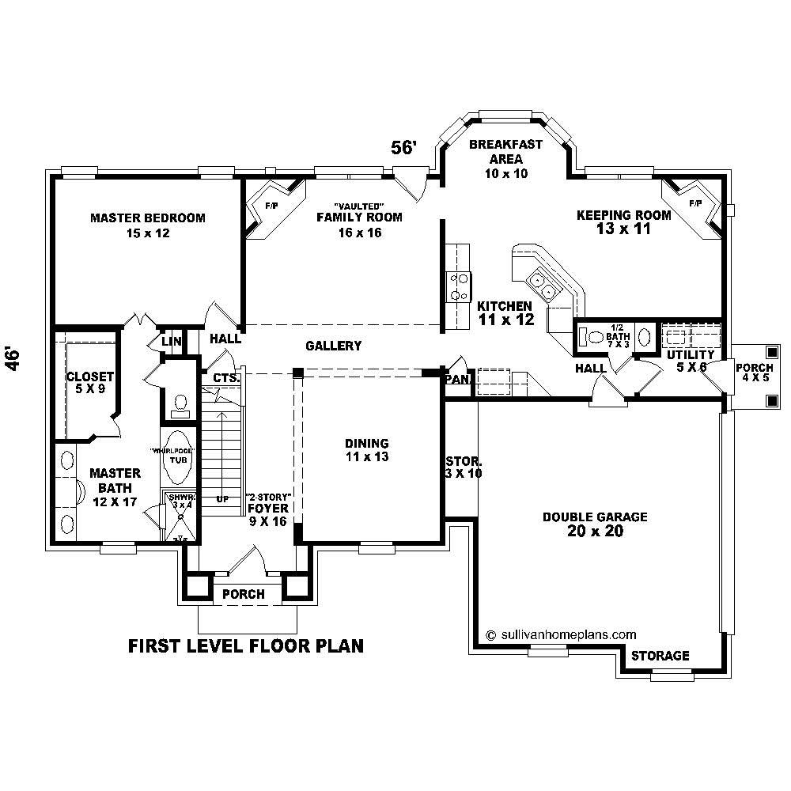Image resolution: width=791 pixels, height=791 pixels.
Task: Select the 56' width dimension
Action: point(404,148)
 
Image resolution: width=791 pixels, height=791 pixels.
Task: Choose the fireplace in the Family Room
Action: point(269,207)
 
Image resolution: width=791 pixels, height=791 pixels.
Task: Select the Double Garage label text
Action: point(595,524)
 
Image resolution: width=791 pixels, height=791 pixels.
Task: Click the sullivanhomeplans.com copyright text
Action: point(561,634)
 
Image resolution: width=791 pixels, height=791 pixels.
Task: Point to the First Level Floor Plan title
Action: point(246,646)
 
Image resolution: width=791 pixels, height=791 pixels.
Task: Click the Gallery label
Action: point(333,346)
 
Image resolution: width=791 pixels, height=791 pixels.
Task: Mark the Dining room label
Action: point(366,450)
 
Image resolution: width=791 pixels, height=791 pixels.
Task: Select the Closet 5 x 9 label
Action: point(89,383)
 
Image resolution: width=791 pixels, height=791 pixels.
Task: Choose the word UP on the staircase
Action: point(223,499)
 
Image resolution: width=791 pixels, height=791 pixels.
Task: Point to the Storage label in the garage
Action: point(660,656)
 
